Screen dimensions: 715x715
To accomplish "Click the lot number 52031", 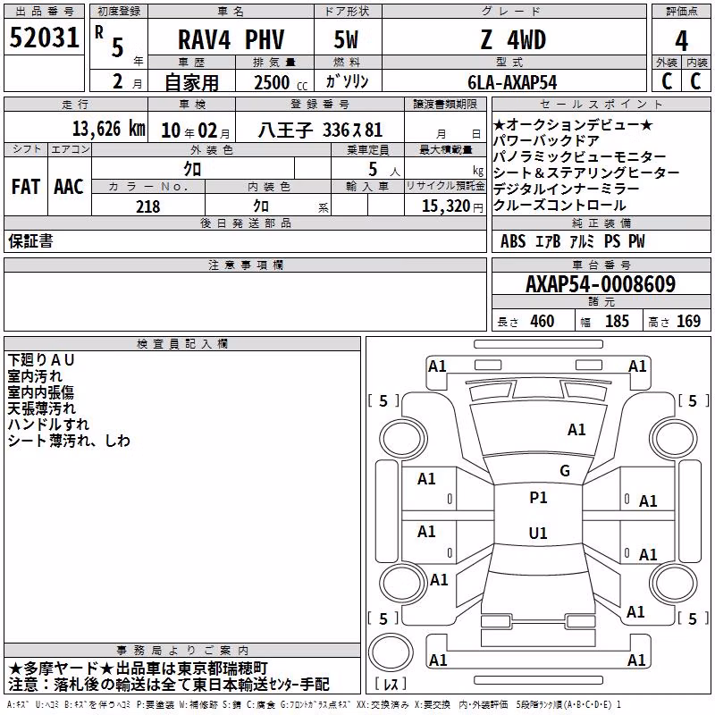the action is point(44,38).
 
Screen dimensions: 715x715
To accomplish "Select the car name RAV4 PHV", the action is point(231,39).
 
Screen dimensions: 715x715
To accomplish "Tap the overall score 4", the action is point(681,41).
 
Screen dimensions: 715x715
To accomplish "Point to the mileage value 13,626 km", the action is point(109,129).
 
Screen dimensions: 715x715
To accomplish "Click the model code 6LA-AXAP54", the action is point(512,82).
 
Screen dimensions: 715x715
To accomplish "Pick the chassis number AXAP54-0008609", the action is point(601,284).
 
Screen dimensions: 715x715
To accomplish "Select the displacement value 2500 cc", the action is point(281,82).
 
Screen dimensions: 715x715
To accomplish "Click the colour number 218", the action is point(147,206).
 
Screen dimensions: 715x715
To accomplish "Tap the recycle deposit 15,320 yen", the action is point(452,206).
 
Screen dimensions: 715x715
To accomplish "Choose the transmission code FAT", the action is point(26,187).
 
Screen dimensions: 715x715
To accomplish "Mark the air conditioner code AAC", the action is point(69,187).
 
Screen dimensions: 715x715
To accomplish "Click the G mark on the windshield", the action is point(565,471).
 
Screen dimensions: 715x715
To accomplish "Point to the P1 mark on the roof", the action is point(538,498).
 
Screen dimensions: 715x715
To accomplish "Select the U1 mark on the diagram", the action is point(538,533).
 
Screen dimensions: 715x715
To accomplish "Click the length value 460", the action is point(543,322).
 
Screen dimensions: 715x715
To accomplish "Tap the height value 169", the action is point(688,322).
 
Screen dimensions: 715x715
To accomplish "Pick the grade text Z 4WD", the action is point(513,40).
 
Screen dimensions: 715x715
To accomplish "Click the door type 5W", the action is point(346,40).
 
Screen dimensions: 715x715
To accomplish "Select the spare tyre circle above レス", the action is point(391,652).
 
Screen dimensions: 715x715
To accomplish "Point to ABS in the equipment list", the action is point(513,241).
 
